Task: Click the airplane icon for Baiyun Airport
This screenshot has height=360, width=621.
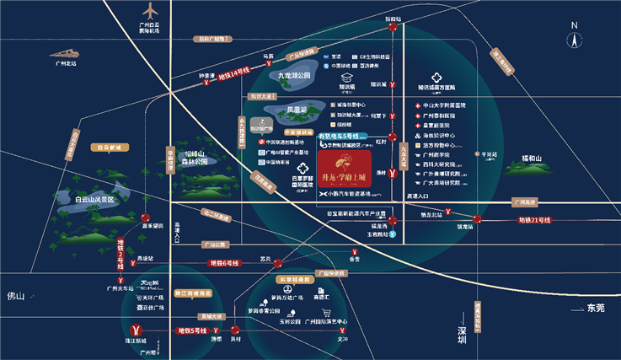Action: [152, 13]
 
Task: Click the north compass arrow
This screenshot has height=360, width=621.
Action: [573, 38]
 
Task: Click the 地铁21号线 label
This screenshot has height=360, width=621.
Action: [533, 220]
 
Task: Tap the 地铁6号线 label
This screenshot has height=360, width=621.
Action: [225, 263]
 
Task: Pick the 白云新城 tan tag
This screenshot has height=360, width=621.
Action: [110, 147]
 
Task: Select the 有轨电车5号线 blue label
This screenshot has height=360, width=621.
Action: [342, 135]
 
